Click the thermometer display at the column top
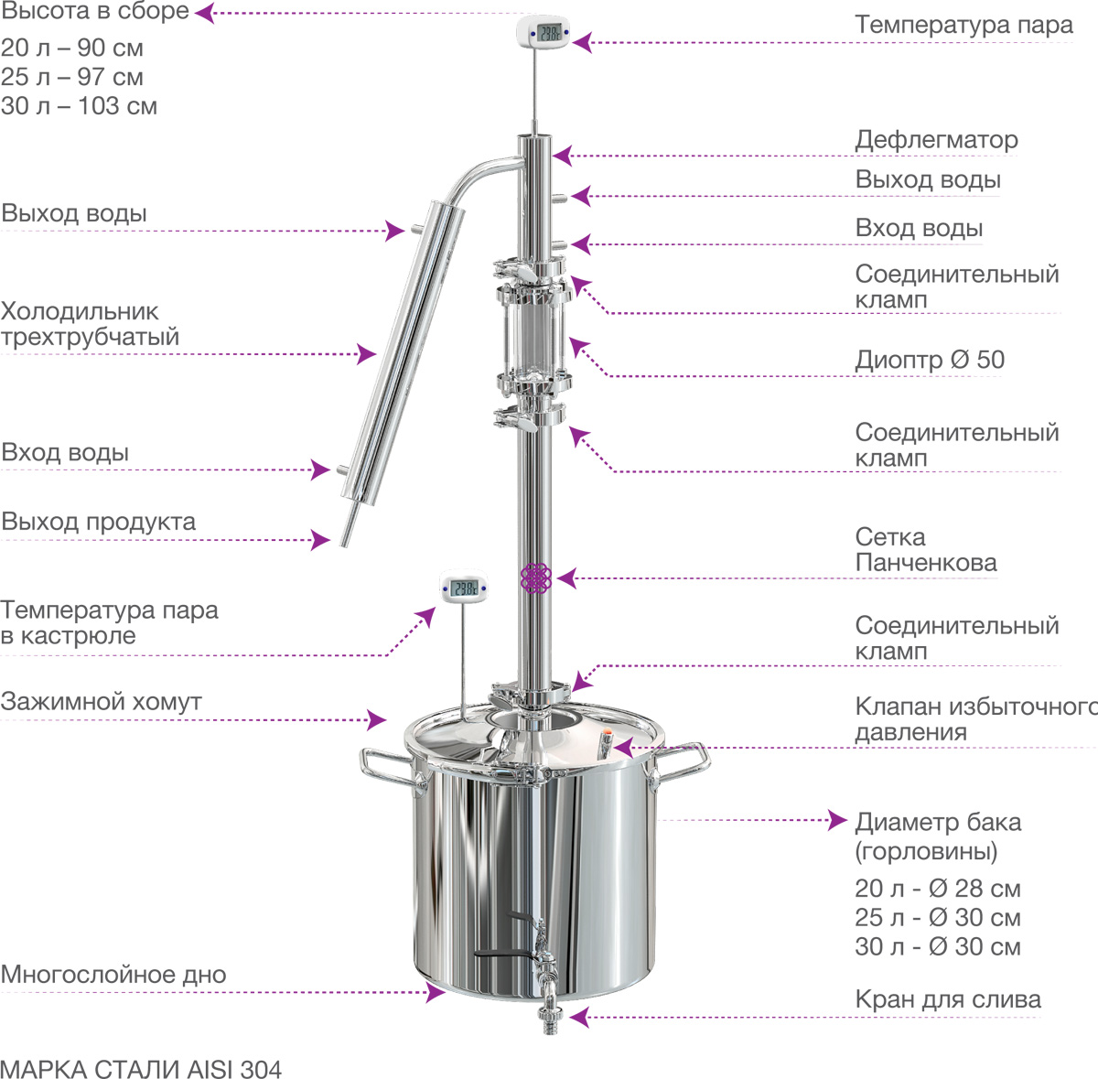pos(549,32)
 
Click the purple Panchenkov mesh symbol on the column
pos(535,578)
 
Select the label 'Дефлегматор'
pos(936,140)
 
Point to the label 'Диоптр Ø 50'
pos(930,361)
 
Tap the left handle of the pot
pos(387,764)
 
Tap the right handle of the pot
pos(681,761)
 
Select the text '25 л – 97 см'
pos(71,77)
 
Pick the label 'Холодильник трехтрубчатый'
pos(90,324)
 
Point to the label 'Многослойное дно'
pos(113,974)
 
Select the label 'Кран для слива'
pos(948,999)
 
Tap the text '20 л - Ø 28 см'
pos(937,889)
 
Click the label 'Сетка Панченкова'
pos(926,550)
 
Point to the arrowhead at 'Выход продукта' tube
pos(321,539)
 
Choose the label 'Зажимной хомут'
pos(101,702)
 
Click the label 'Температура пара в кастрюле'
pos(110,622)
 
